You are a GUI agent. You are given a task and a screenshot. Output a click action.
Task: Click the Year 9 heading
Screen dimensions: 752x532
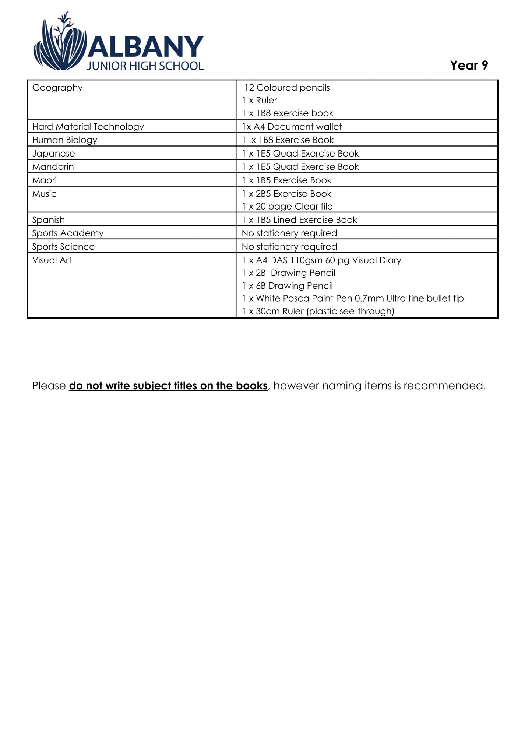coord(469,66)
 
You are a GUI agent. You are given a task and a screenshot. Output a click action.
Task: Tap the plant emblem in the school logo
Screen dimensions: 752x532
coord(60,44)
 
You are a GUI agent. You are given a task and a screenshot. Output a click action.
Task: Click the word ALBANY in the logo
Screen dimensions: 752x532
coord(145,47)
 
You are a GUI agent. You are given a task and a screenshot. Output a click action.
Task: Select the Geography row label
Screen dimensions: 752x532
coord(57,88)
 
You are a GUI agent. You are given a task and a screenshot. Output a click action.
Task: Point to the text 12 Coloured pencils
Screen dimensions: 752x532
coord(287,88)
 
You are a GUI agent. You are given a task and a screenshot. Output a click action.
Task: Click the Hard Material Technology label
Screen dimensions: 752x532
coord(88,127)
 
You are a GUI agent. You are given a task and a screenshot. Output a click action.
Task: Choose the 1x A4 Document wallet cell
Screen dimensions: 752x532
coord(292,127)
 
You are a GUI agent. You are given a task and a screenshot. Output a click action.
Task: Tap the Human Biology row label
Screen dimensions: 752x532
coord(65,140)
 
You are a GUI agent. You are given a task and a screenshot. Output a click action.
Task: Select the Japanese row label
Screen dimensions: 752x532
coord(53,154)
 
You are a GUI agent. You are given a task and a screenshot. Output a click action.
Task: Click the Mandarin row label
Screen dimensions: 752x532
coord(53,167)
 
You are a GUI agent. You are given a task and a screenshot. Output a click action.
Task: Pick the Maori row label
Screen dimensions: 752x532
coord(45,180)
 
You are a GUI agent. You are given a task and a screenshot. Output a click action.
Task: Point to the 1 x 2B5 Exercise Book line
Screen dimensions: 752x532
coord(287,194)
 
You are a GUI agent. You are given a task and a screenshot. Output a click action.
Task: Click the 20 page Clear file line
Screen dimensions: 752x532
coord(288,207)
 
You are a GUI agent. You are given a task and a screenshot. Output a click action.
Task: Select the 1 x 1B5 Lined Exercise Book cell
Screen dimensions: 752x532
coord(299,220)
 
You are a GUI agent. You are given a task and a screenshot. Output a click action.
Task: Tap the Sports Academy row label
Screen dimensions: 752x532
coord(68,233)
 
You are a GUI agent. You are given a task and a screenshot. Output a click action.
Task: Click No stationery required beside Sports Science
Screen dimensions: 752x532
coord(289,247)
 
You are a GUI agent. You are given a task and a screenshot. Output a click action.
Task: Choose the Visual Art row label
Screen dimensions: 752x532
coord(52,260)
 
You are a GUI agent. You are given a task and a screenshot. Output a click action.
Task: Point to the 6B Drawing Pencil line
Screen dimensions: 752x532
coord(288,286)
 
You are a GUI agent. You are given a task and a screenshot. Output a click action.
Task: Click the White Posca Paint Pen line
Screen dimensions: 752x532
coord(353,298)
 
